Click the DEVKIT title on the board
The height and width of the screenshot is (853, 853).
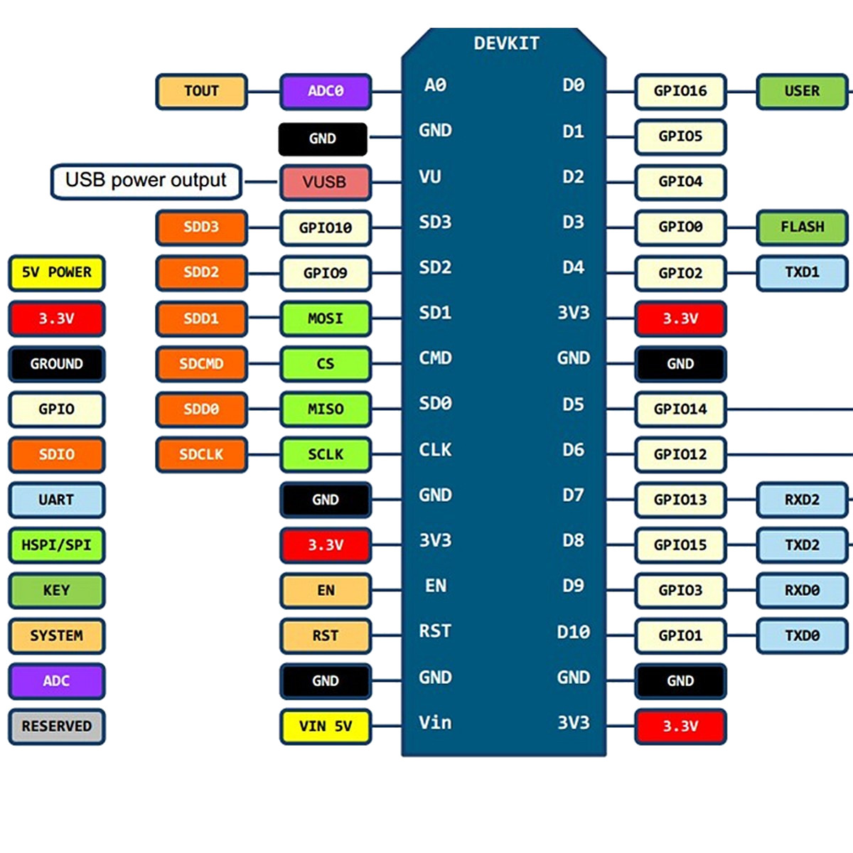506,43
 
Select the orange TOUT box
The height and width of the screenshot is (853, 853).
201,91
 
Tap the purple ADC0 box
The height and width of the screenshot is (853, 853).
325,91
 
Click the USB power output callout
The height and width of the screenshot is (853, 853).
146,181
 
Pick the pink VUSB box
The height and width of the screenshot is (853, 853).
325,182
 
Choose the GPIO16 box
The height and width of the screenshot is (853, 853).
680,91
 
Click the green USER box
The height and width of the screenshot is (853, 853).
802,91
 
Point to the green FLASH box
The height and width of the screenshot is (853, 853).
802,227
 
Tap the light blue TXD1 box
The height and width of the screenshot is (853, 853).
802,272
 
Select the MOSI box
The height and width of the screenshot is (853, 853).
325,318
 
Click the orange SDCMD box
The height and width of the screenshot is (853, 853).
201,364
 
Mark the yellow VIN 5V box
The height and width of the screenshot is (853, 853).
325,726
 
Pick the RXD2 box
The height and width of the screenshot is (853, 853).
802,500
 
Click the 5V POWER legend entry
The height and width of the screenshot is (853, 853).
56,272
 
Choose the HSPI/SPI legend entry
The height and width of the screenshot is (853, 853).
56,545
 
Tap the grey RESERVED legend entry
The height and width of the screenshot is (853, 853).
56,726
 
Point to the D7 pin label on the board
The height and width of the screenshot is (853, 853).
573,495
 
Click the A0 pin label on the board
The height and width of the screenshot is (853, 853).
435,85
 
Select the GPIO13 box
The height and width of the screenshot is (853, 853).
680,500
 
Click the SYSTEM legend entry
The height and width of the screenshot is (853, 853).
56,635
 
